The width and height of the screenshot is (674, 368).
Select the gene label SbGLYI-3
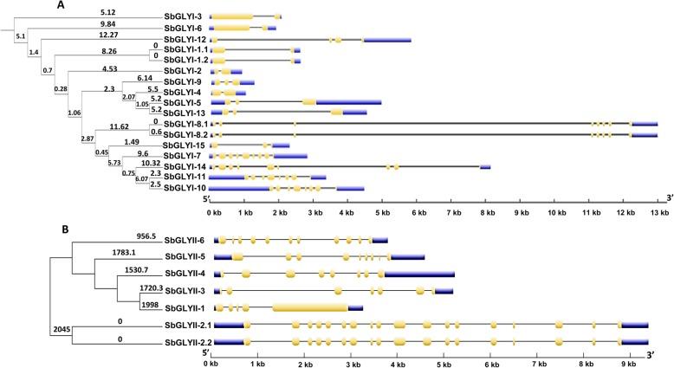(x=184, y=16)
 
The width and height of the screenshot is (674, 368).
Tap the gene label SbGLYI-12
(x=182, y=40)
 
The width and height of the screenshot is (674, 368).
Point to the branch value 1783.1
(x=128, y=252)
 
